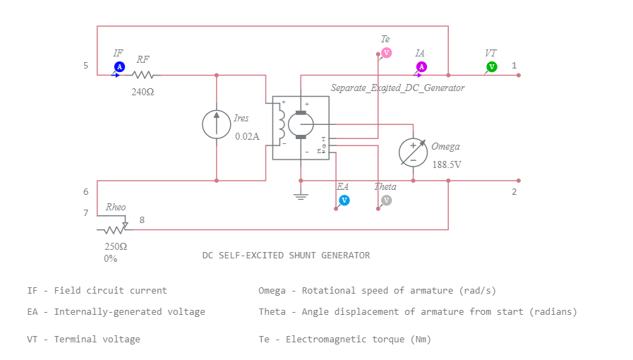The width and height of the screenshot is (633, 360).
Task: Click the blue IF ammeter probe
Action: coord(119,66)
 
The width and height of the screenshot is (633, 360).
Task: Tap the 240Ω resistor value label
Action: coord(143,92)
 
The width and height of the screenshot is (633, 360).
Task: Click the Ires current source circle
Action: coord(216,124)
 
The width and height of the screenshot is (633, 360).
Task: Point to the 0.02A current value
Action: coord(247,136)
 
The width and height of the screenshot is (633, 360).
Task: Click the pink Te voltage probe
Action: coord(386,53)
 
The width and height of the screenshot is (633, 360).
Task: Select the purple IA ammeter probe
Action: coord(421,66)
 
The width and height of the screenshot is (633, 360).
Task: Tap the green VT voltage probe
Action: coord(492,66)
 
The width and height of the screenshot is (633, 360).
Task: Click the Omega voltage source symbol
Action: coord(413,152)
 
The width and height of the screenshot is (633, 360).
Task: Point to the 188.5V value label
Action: coord(447,164)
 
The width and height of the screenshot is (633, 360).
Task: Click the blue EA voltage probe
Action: coord(344,200)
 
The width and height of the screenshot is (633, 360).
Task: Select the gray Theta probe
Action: coord(386,200)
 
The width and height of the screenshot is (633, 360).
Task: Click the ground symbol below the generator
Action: coord(301,194)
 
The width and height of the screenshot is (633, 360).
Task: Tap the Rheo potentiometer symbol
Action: coord(114,229)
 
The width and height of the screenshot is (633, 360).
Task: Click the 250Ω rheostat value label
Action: coord(116,246)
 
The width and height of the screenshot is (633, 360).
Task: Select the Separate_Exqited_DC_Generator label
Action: coord(397,88)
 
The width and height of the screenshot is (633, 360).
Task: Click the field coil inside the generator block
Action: coord(283,124)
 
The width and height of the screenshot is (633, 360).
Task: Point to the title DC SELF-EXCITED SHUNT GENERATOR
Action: coord(286,256)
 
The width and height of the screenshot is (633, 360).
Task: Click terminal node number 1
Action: coord(514,66)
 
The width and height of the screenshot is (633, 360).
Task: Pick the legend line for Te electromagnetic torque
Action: coord(344,340)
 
